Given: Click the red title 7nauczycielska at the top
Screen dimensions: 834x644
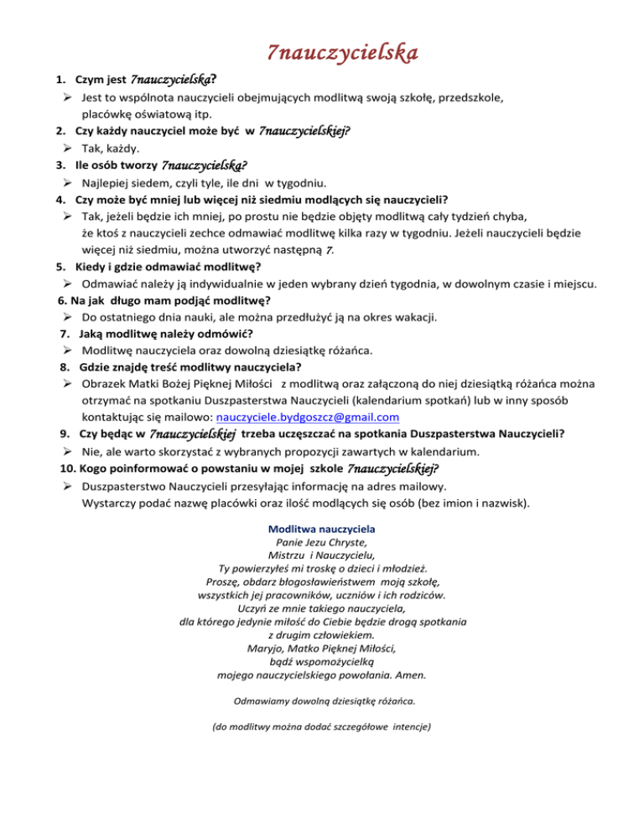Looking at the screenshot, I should point(342,54).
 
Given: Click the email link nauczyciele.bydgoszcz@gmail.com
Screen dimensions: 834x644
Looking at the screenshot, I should point(307,416).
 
